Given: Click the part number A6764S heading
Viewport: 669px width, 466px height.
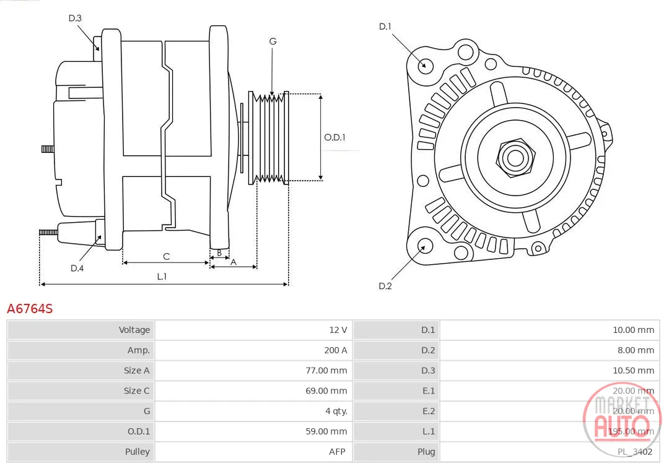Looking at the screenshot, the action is point(30,308).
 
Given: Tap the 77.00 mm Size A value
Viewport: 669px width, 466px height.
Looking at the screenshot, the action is point(326,371).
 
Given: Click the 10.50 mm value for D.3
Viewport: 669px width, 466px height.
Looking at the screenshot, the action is point(633,371).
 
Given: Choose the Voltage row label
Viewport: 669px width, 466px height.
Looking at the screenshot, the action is point(134,330).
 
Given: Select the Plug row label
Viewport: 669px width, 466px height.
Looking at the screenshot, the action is point(426,452).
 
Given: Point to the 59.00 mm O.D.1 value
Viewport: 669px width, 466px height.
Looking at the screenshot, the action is point(326,431).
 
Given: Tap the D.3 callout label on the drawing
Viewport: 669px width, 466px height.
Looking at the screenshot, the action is point(75,18).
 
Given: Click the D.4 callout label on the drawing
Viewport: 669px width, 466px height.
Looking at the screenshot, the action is point(77,268).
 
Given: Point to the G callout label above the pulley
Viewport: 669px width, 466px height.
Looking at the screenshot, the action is point(273,41).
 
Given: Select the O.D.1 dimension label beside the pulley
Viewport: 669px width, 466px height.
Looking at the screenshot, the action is point(334,137).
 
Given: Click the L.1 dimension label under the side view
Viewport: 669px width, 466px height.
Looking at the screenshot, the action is point(162,276).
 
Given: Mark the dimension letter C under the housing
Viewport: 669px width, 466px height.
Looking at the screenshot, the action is point(167,257).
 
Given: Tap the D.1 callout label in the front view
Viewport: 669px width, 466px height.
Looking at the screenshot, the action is point(385,27).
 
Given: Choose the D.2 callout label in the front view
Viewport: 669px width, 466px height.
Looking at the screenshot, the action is point(385,286).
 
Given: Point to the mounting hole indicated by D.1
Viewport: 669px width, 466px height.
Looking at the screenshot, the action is point(424,65).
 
